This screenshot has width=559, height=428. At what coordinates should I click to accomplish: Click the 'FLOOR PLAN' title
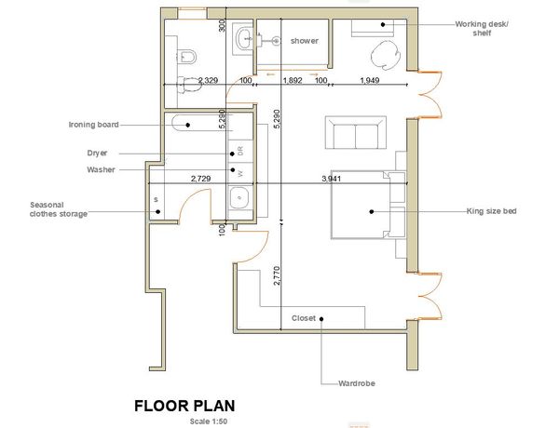click(184, 406)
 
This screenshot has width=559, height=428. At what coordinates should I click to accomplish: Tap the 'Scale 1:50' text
click(209, 421)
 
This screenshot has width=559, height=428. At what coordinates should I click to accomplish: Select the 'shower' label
click(304, 41)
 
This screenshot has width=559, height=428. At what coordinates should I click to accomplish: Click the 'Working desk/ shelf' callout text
click(482, 29)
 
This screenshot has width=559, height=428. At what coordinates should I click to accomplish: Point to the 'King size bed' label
click(491, 211)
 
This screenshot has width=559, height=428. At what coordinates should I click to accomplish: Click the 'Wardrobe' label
click(357, 383)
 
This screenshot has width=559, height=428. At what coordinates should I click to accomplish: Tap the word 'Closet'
click(304, 318)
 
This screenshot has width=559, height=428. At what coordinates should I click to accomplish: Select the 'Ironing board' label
click(93, 125)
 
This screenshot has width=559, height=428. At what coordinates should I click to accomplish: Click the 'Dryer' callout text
click(97, 154)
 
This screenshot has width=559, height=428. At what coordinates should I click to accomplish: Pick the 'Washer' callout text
click(101, 169)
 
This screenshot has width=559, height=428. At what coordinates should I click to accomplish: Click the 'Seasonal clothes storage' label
click(59, 209)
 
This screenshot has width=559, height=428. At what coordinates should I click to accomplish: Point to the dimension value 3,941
click(331, 179)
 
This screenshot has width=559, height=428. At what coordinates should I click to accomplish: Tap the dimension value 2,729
click(200, 179)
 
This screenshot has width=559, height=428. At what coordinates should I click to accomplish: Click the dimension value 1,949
click(369, 80)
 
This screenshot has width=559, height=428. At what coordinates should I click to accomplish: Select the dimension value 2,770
click(277, 275)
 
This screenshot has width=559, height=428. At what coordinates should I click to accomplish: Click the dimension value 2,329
click(208, 80)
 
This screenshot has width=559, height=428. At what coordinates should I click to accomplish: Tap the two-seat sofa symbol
click(356, 132)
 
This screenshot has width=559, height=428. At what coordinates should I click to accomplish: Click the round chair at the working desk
click(386, 55)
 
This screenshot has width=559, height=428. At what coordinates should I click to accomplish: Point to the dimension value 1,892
click(293, 80)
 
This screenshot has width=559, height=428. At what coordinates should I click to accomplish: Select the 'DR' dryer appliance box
click(240, 151)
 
